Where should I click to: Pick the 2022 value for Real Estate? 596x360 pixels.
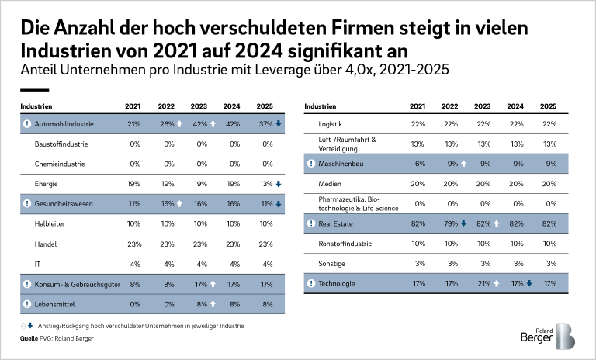[x=449, y=224]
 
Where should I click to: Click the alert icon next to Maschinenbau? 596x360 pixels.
[x=310, y=164]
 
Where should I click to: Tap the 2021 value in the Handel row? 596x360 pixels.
[x=133, y=244]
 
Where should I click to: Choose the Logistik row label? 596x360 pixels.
[x=332, y=124]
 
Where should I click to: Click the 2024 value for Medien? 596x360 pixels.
[x=515, y=184]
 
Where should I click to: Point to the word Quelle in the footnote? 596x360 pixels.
[x=29, y=339]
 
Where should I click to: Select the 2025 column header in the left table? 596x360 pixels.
[x=265, y=106]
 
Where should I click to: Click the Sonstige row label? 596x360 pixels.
[x=333, y=264]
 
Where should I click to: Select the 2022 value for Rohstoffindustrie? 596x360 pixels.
[x=449, y=244]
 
